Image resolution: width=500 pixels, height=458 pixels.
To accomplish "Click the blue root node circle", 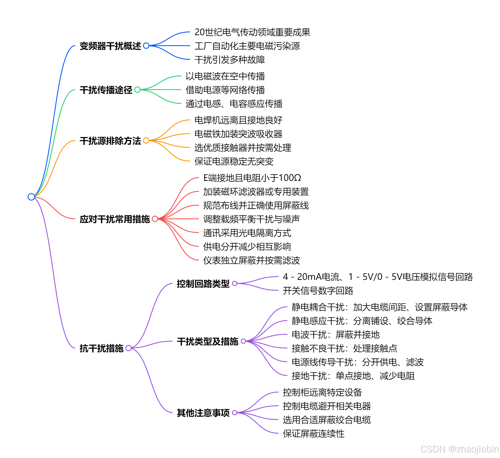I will [31, 197].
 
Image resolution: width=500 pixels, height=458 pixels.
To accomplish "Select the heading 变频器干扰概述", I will [110, 46].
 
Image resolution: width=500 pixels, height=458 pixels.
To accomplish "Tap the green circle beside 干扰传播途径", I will [137, 90].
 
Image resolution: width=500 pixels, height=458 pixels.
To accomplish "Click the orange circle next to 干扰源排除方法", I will [146, 140].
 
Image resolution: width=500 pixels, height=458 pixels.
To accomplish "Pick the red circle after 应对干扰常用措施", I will [155, 219].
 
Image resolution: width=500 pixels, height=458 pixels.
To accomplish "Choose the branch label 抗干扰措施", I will [101, 348].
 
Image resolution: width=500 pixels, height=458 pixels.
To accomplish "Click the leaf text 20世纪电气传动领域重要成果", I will [252, 32].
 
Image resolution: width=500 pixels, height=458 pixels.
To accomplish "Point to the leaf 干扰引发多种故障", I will [229, 60].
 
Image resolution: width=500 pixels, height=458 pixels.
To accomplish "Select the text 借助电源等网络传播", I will [225, 90].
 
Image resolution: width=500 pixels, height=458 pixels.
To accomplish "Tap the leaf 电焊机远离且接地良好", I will [238, 120].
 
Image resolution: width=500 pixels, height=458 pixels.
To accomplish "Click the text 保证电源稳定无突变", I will [234, 161].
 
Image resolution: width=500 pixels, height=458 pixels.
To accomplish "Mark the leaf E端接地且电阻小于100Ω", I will [252, 178].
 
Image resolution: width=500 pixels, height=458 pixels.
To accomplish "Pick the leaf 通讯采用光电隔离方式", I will [247, 233].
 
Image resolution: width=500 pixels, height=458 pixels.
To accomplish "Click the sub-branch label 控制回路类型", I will [203, 284].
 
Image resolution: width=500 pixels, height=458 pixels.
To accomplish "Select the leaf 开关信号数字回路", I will [318, 291].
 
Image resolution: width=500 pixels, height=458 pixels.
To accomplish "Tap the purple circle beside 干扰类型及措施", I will [243, 341].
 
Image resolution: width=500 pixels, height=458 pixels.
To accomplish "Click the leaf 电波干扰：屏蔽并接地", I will [335, 335].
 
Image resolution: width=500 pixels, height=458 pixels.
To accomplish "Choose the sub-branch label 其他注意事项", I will [203, 413].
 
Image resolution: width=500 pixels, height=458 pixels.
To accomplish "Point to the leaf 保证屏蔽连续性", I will [313, 434].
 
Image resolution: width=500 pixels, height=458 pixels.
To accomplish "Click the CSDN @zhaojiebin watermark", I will [459, 449].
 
